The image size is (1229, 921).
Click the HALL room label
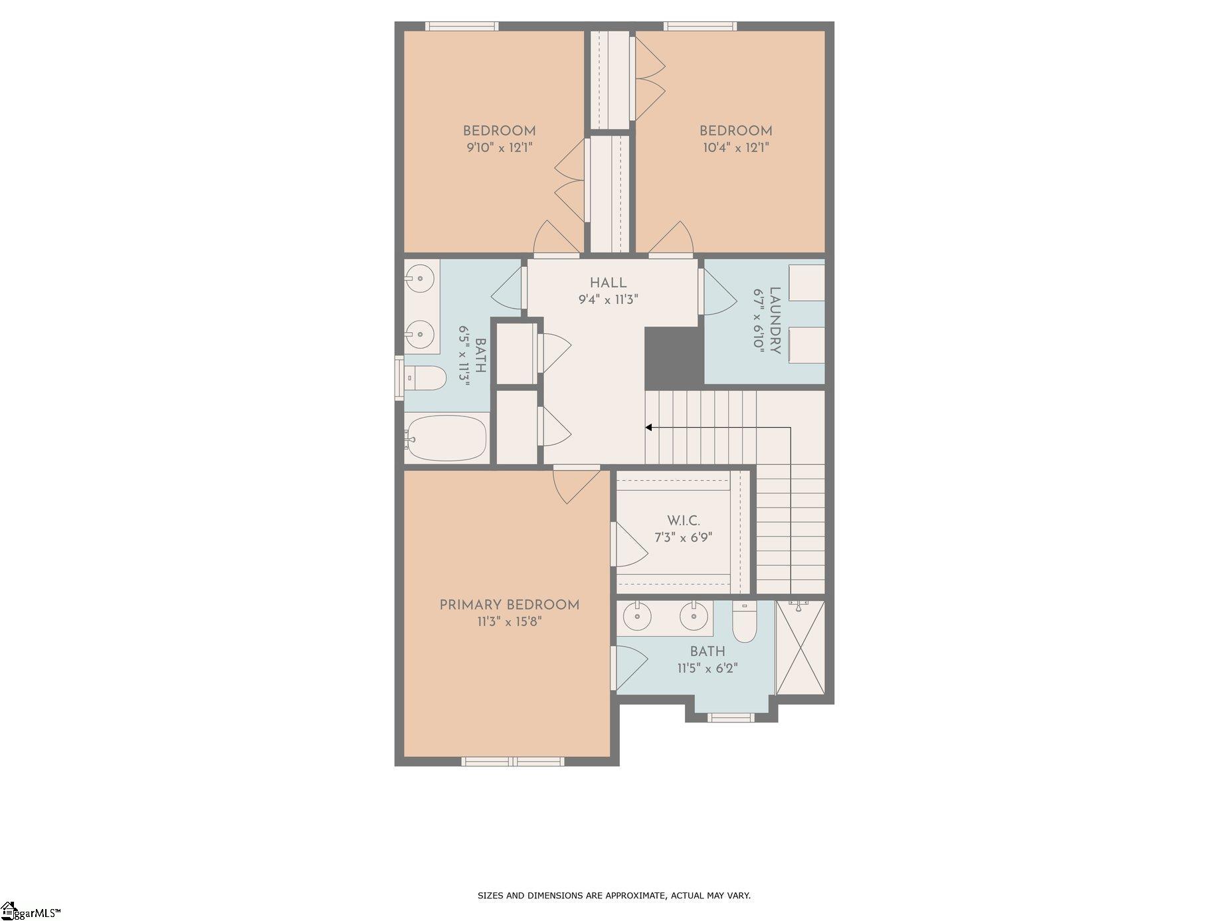[608, 284]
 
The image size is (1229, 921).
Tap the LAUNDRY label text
[775, 321]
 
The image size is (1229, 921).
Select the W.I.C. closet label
[684, 521]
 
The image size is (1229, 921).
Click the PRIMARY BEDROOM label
[510, 605]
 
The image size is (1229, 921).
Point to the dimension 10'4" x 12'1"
[736, 147]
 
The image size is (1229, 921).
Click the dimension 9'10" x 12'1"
[500, 147]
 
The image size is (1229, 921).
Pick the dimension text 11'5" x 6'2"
[708, 668]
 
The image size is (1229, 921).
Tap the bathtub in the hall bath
[446, 439]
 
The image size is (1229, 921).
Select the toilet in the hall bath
[425, 378]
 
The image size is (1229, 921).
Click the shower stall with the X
[801, 647]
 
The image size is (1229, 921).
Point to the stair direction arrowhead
[649, 428]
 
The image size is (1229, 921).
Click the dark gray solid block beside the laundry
[674, 358]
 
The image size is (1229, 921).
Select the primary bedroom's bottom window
[513, 762]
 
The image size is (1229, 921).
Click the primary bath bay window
[731, 717]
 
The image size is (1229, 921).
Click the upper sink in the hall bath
[420, 278]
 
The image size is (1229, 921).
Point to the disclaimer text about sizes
[614, 896]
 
